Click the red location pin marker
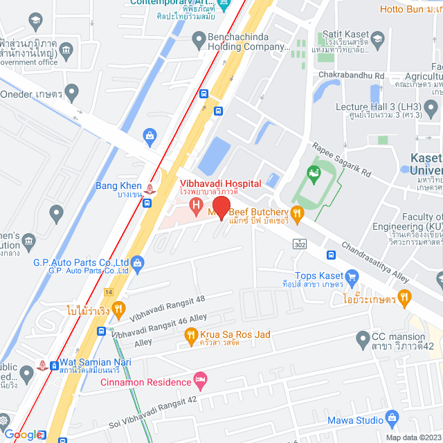[x=221, y=207]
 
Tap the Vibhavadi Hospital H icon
[x=196, y=205]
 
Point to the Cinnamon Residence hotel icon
[x=200, y=379]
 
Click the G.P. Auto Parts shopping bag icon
[x=137, y=262]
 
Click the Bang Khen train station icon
[x=152, y=186]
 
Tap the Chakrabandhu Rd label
[x=352, y=75]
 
